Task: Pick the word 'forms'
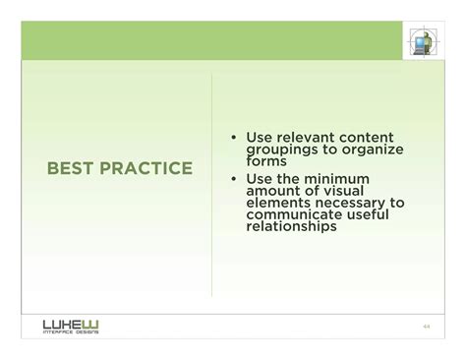pyautogui.click(x=266, y=161)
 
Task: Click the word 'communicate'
pyautogui.click(x=296, y=214)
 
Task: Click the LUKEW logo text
pyautogui.click(x=70, y=323)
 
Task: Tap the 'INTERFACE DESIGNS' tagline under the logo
pyautogui.click(x=70, y=332)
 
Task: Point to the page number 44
pyautogui.click(x=427, y=327)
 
